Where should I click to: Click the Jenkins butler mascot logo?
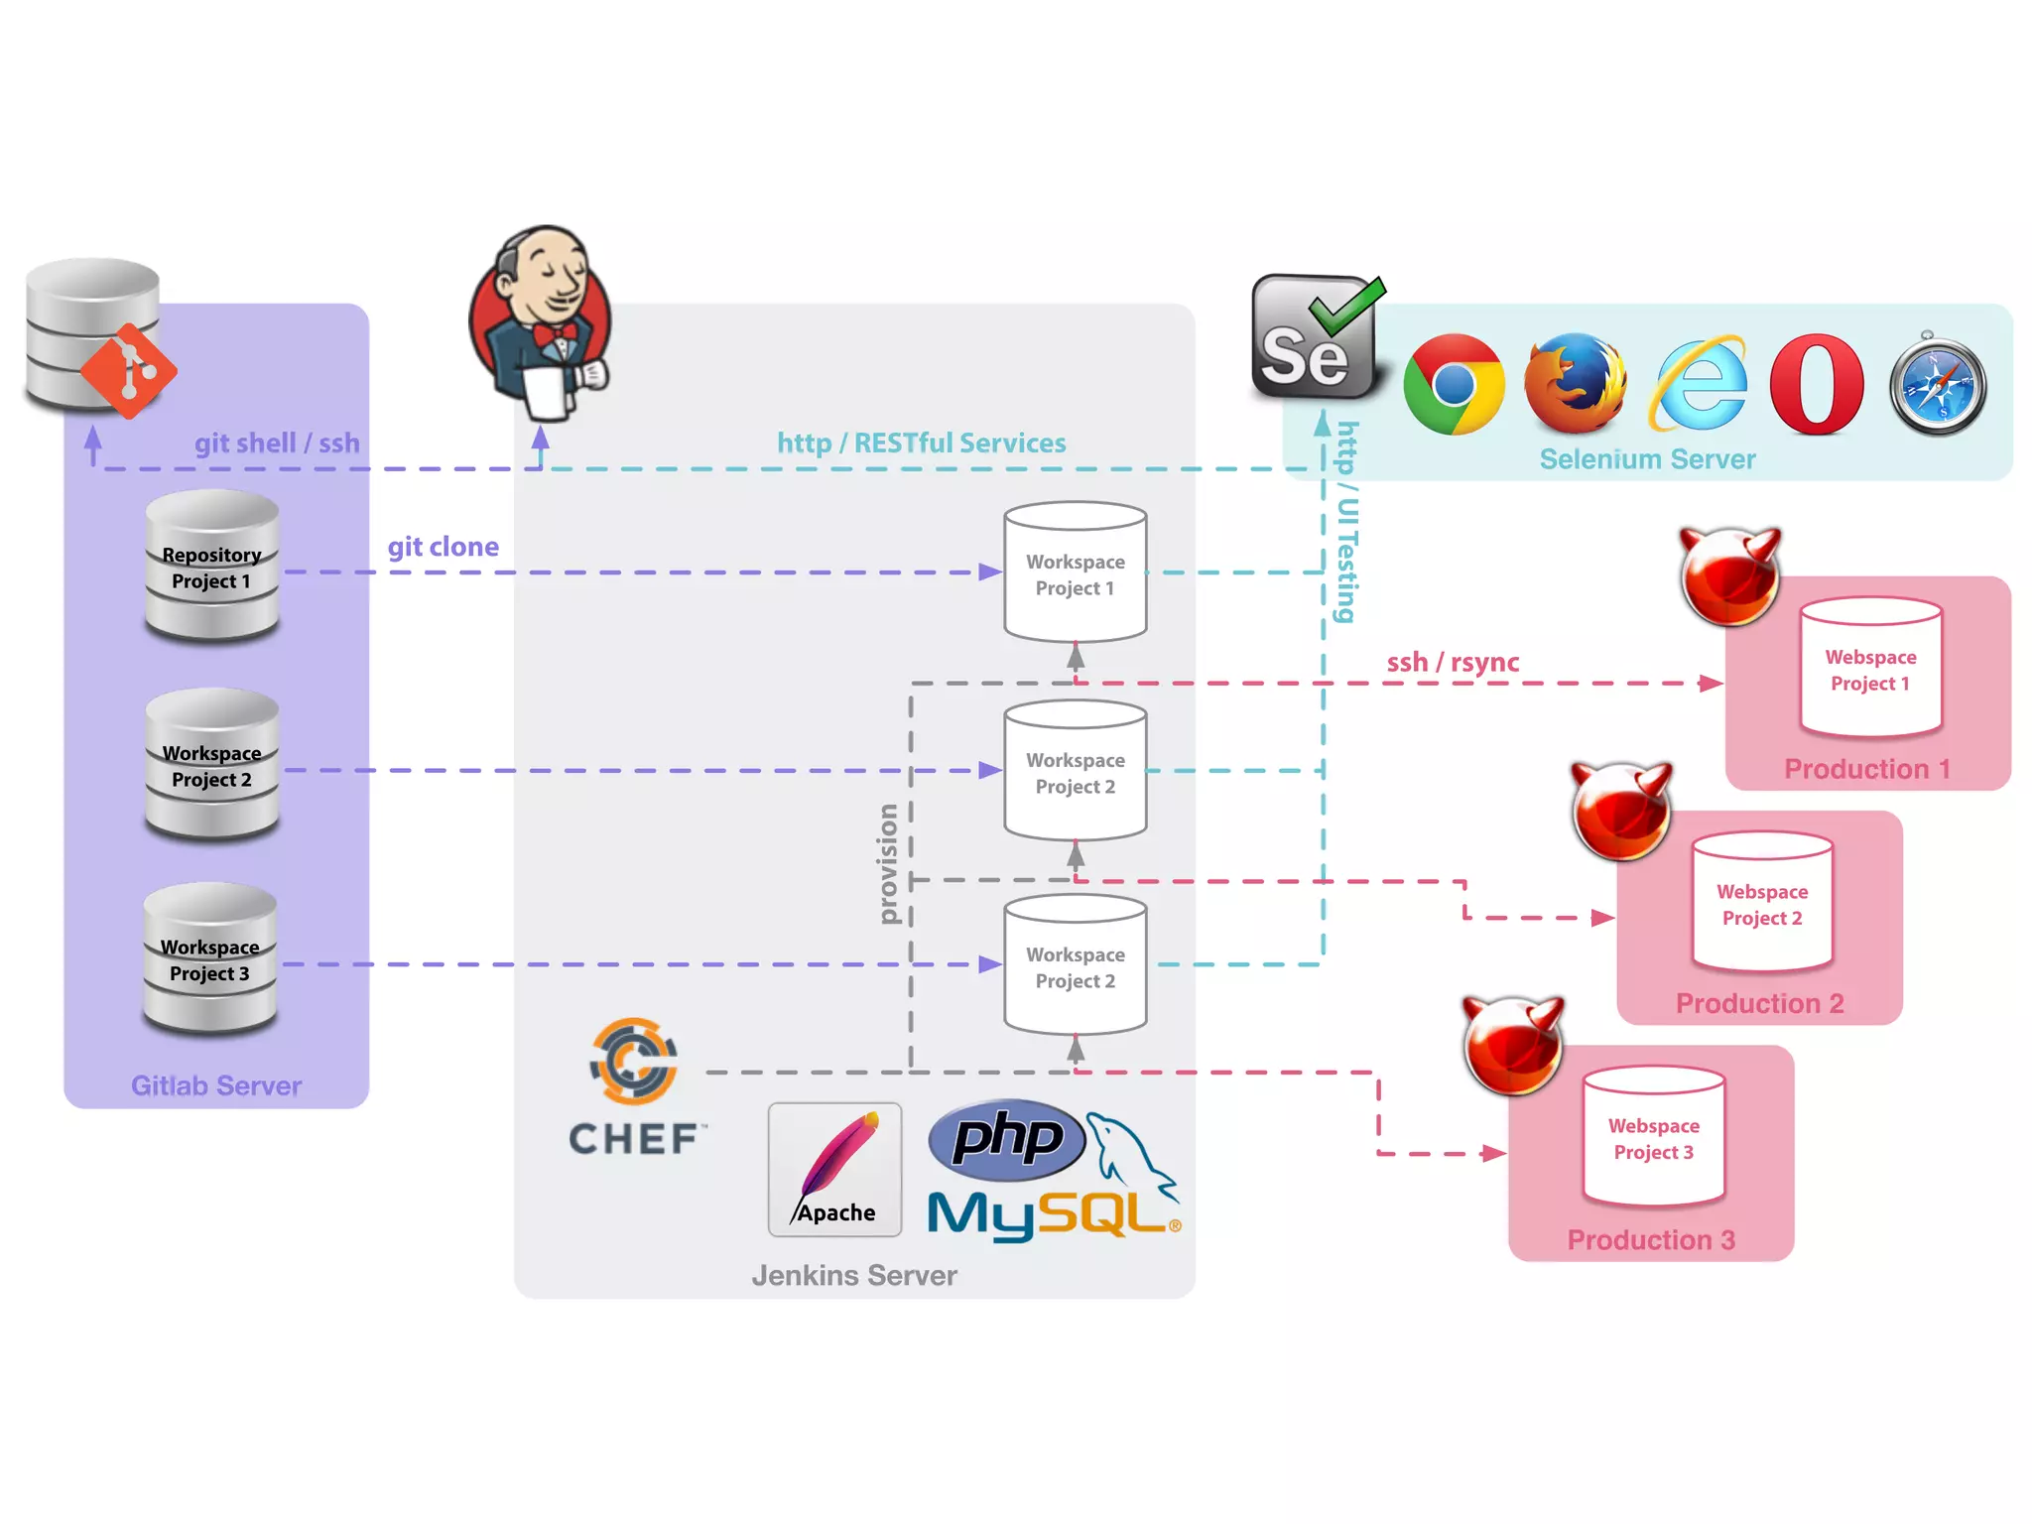pyautogui.click(x=541, y=322)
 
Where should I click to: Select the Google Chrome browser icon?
pyautogui.click(x=1454, y=385)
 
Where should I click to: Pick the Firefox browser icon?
pyautogui.click(x=1575, y=385)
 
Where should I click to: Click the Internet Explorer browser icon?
pyautogui.click(x=1699, y=385)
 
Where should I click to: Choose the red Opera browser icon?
pyautogui.click(x=1817, y=385)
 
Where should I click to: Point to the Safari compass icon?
pyautogui.click(x=1938, y=385)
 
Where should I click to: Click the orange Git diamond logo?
pyautogui.click(x=129, y=371)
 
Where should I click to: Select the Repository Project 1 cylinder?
pyautogui.click(x=211, y=568)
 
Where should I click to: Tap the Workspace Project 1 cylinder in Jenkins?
pyautogui.click(x=1076, y=573)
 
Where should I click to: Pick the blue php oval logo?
pyautogui.click(x=1007, y=1139)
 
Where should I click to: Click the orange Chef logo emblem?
pyautogui.click(x=634, y=1061)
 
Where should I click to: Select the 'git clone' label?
pyautogui.click(x=443, y=547)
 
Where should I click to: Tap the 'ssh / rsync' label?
pyautogui.click(x=1453, y=662)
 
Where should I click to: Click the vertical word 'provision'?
pyautogui.click(x=888, y=863)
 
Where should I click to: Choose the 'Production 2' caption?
pyautogui.click(x=1759, y=1003)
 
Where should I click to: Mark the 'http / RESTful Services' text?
pyautogui.click(x=921, y=443)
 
